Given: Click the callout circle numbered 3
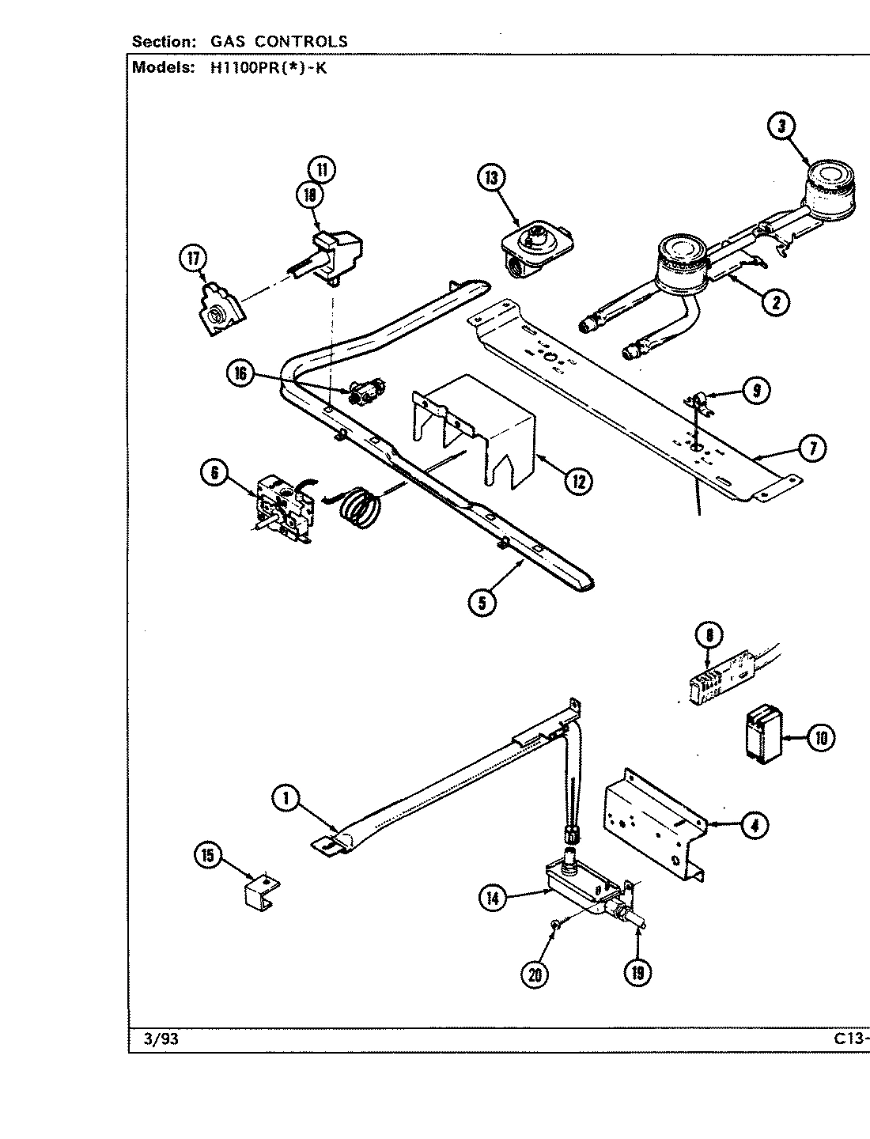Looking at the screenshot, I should [x=781, y=127].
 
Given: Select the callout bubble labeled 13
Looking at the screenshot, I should [x=490, y=179].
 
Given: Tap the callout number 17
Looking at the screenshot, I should [x=193, y=259].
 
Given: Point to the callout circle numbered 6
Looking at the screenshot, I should [x=214, y=473].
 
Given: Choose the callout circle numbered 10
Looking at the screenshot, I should [x=820, y=738].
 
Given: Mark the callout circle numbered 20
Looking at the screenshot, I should [x=536, y=974].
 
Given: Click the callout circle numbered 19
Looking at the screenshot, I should [x=637, y=973].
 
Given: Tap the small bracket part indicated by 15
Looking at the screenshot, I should [x=261, y=889].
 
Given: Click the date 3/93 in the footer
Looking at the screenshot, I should [x=161, y=1040].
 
